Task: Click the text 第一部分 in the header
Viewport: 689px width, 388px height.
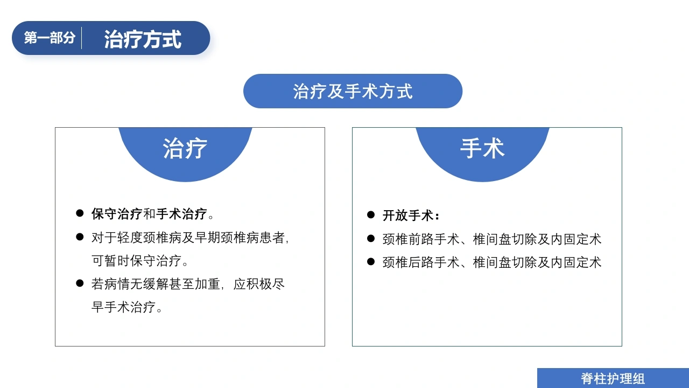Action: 50,38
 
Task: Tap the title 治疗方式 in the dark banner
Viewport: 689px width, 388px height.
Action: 143,39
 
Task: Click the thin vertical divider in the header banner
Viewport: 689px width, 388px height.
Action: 81,38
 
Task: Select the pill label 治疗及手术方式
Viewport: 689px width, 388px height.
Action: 353,92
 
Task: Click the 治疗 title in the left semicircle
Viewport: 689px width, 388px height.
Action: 185,148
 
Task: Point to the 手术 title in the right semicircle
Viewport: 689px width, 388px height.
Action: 482,148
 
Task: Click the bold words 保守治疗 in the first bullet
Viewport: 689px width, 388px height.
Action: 117,214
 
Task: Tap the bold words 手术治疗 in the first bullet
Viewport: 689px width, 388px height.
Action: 181,214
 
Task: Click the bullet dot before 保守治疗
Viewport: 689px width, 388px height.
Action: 80,213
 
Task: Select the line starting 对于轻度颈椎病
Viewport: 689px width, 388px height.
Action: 190,238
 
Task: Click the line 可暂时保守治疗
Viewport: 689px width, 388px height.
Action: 139,261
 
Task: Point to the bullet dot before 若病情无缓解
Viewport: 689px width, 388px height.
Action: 80,283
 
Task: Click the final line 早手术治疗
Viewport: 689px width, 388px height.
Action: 126,307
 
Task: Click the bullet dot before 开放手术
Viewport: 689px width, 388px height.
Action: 371,214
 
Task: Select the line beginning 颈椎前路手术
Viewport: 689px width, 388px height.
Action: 492,239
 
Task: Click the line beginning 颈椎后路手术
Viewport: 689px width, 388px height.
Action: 492,262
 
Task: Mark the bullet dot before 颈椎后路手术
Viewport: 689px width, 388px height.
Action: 371,262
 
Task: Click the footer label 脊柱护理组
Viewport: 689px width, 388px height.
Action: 613,379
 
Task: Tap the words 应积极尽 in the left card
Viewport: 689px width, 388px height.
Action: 259,284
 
